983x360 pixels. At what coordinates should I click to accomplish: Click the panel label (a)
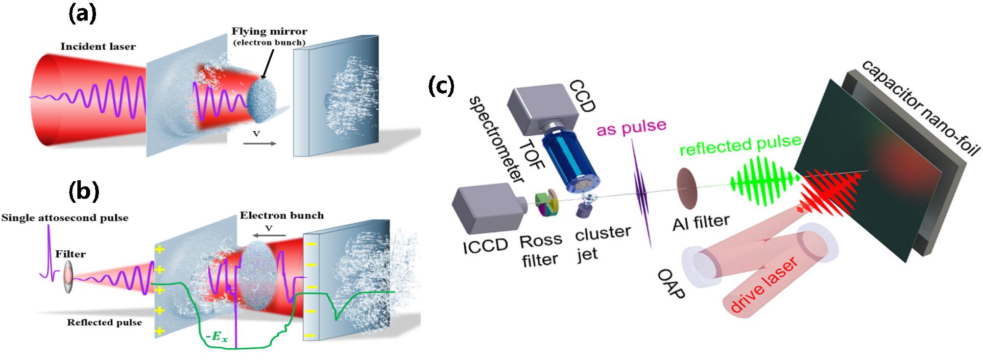click(x=82, y=14)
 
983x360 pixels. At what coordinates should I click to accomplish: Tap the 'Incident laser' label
click(x=98, y=47)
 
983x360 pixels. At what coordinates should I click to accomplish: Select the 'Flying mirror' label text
click(x=269, y=32)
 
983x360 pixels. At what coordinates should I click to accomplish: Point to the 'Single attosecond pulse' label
click(x=65, y=218)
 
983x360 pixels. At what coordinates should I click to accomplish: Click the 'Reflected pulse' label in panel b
click(x=104, y=322)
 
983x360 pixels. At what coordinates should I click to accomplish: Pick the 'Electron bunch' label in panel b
click(x=282, y=215)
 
